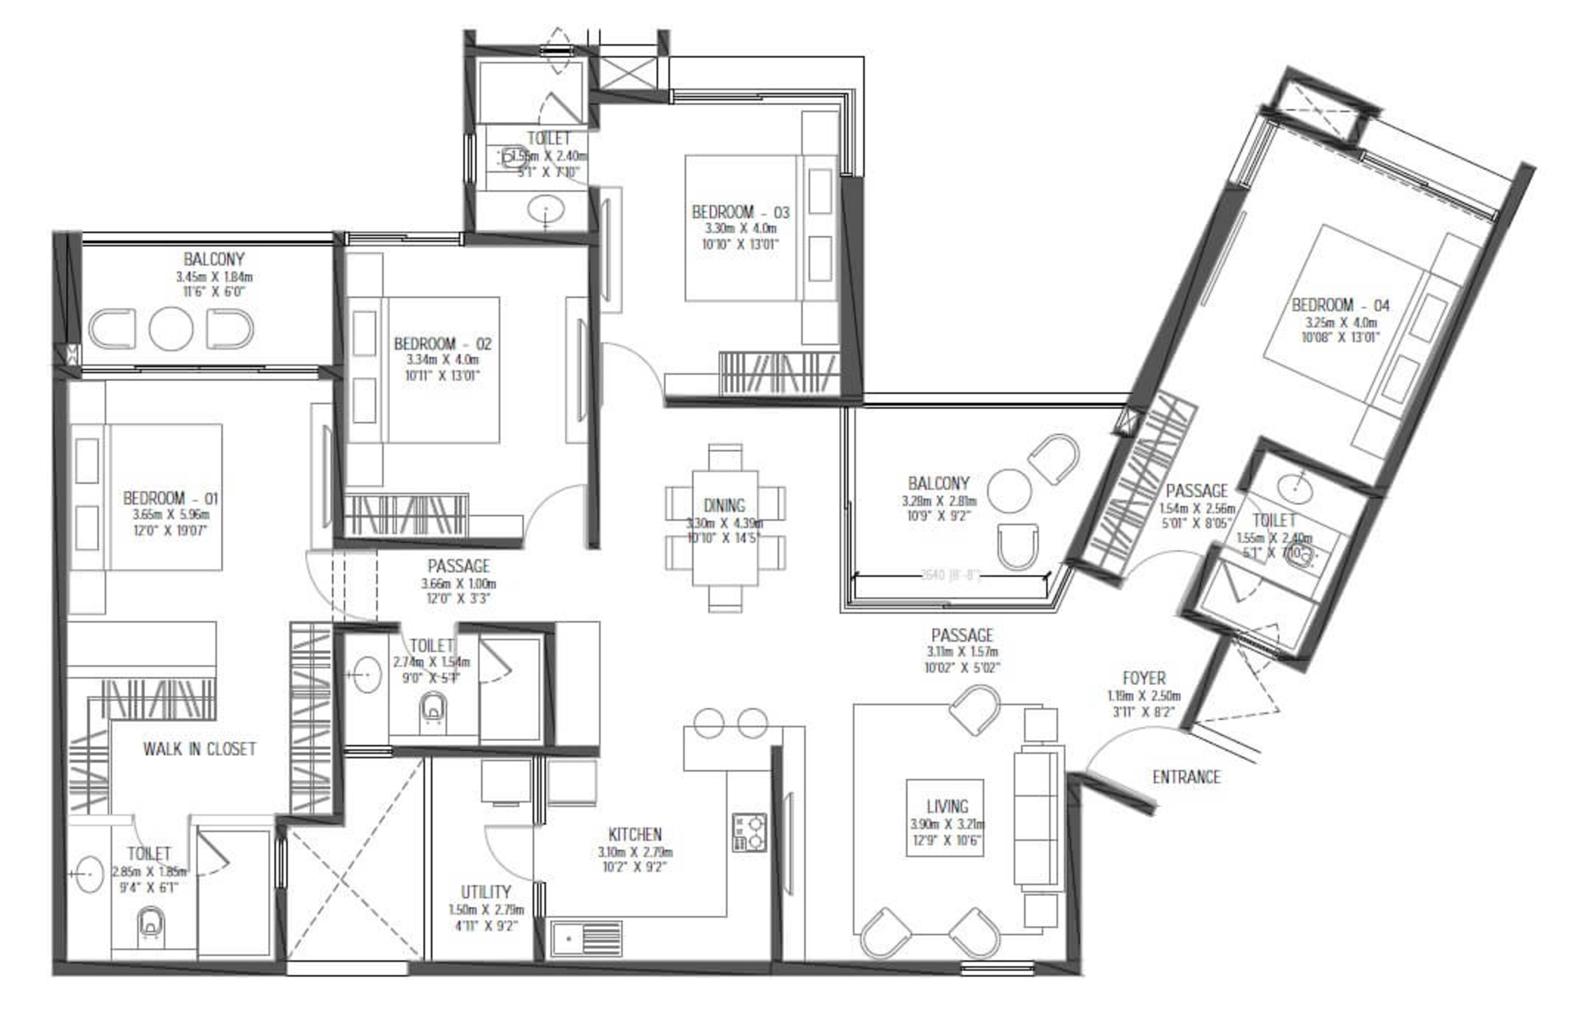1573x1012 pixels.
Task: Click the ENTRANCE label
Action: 1186,777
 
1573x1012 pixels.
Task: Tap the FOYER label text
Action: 1144,678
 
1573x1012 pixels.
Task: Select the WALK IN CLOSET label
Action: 199,748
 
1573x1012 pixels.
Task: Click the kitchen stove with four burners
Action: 749,833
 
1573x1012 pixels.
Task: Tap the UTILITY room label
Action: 486,892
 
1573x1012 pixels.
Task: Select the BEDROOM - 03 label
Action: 740,212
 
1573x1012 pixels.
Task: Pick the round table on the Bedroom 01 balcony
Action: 171,329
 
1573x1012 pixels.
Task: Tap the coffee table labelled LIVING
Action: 945,818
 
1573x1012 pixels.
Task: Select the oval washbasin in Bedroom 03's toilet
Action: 546,210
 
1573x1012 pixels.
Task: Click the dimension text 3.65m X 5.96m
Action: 171,515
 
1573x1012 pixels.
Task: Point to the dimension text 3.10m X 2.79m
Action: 635,852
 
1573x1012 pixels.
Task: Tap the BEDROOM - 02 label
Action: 443,344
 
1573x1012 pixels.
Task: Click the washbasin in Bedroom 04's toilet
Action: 1294,489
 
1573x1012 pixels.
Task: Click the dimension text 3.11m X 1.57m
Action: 962,652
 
